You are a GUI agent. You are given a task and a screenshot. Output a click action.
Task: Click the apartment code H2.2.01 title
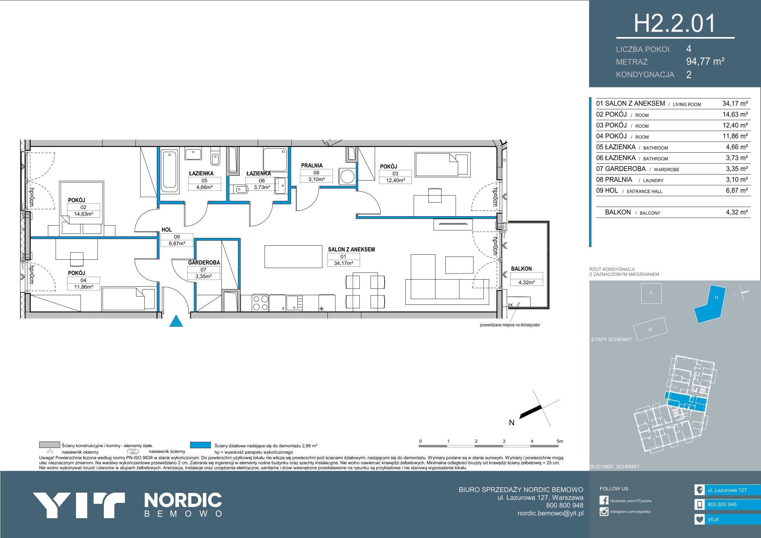(x=675, y=24)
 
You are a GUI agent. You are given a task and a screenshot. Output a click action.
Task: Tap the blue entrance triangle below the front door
(x=176, y=321)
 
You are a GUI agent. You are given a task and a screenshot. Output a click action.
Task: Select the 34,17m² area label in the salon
(x=343, y=263)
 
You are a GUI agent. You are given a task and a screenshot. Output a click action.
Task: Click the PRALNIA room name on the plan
(x=311, y=165)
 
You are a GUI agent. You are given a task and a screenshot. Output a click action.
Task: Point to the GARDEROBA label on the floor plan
(x=204, y=263)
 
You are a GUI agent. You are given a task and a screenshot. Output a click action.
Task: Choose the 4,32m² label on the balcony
(x=526, y=282)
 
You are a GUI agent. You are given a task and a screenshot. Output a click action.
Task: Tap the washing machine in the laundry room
(x=347, y=176)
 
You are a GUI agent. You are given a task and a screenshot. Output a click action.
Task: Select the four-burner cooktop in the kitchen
(x=260, y=303)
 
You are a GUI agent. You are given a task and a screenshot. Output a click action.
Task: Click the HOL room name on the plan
(x=167, y=229)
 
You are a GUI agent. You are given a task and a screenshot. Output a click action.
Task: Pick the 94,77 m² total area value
(x=705, y=61)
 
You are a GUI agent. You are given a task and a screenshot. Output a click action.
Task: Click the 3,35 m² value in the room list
(x=736, y=169)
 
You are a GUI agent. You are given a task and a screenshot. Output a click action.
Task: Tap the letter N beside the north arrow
(x=512, y=423)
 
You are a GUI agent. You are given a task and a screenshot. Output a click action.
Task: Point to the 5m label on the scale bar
(x=560, y=441)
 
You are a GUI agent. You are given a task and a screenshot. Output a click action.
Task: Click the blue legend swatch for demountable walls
(x=200, y=445)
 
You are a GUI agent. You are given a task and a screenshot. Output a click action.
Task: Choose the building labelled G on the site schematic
(x=650, y=329)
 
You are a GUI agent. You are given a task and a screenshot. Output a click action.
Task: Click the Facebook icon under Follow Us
(x=604, y=500)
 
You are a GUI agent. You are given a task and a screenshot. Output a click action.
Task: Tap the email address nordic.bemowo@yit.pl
(x=550, y=513)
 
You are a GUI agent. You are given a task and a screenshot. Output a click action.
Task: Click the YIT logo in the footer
(x=79, y=505)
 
